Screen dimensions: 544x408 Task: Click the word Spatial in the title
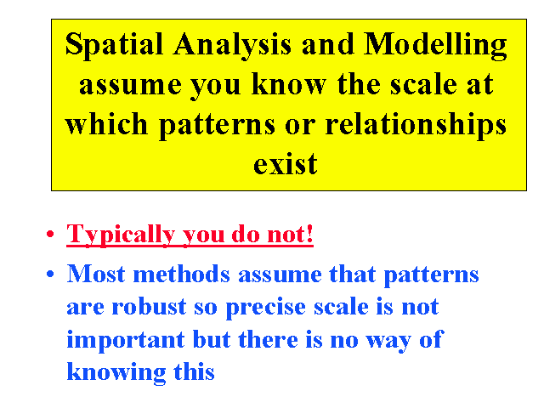coord(114,46)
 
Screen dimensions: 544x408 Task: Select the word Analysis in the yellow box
coord(232,46)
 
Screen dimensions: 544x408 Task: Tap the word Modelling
coord(435,46)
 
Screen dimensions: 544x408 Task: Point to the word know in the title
coord(289,84)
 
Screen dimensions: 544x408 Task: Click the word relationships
coord(416,125)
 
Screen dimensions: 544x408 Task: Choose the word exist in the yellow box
coord(286,164)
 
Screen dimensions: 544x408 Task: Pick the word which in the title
coord(106,123)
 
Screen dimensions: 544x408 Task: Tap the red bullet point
coord(50,234)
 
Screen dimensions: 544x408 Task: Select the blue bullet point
coord(50,274)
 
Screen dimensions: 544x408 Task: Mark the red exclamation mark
coord(309,234)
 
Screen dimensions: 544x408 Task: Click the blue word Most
coord(96,274)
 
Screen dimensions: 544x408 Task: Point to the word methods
coord(181,274)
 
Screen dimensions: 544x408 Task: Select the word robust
coord(150,307)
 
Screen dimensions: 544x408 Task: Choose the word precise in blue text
coord(266,309)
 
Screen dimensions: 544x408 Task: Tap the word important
coord(126,341)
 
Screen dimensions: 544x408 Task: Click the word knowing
coord(116,373)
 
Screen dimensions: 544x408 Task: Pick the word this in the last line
coord(195,371)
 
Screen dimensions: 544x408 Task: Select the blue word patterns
coord(431,276)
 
